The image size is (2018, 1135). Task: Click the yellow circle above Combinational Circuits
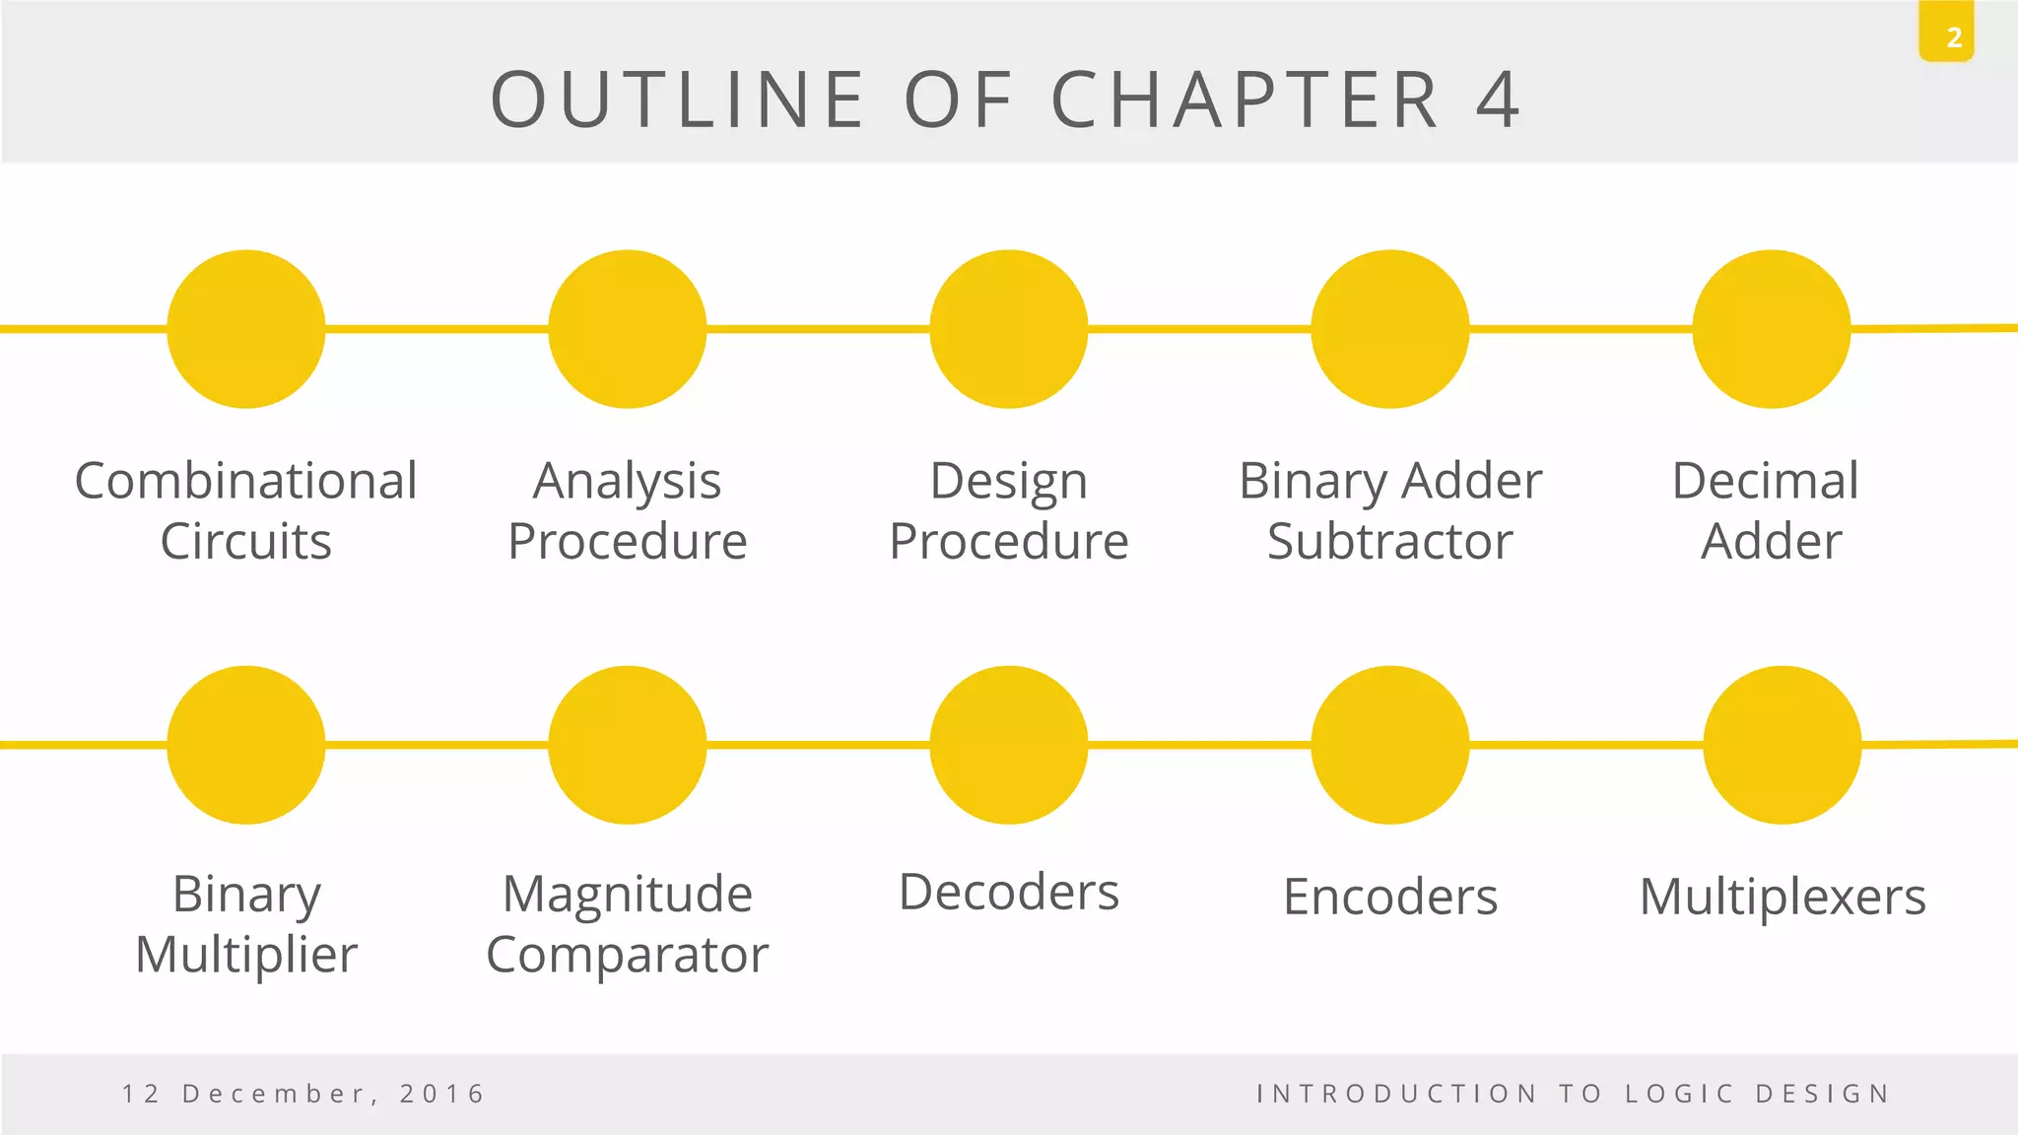point(246,329)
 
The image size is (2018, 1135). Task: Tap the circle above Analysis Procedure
point(628,329)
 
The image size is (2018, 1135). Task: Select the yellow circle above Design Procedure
point(1009,329)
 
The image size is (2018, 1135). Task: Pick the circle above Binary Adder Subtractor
point(1390,329)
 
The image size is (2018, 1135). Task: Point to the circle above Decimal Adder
point(1772,329)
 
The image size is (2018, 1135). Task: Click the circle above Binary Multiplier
point(246,745)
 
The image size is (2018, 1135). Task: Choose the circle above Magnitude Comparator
point(628,745)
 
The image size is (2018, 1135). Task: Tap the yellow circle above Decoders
point(1009,745)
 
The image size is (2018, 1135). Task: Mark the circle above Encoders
point(1390,745)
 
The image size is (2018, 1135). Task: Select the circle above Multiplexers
point(1783,745)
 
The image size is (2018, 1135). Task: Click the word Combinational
point(246,482)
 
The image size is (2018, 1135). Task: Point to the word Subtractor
point(1389,542)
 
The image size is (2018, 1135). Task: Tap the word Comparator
point(628,955)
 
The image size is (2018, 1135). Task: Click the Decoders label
point(1009,893)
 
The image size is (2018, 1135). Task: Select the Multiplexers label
point(1783,898)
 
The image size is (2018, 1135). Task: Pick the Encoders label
point(1390,898)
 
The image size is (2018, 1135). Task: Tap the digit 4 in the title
point(1498,100)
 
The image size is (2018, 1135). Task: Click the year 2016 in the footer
point(442,1094)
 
